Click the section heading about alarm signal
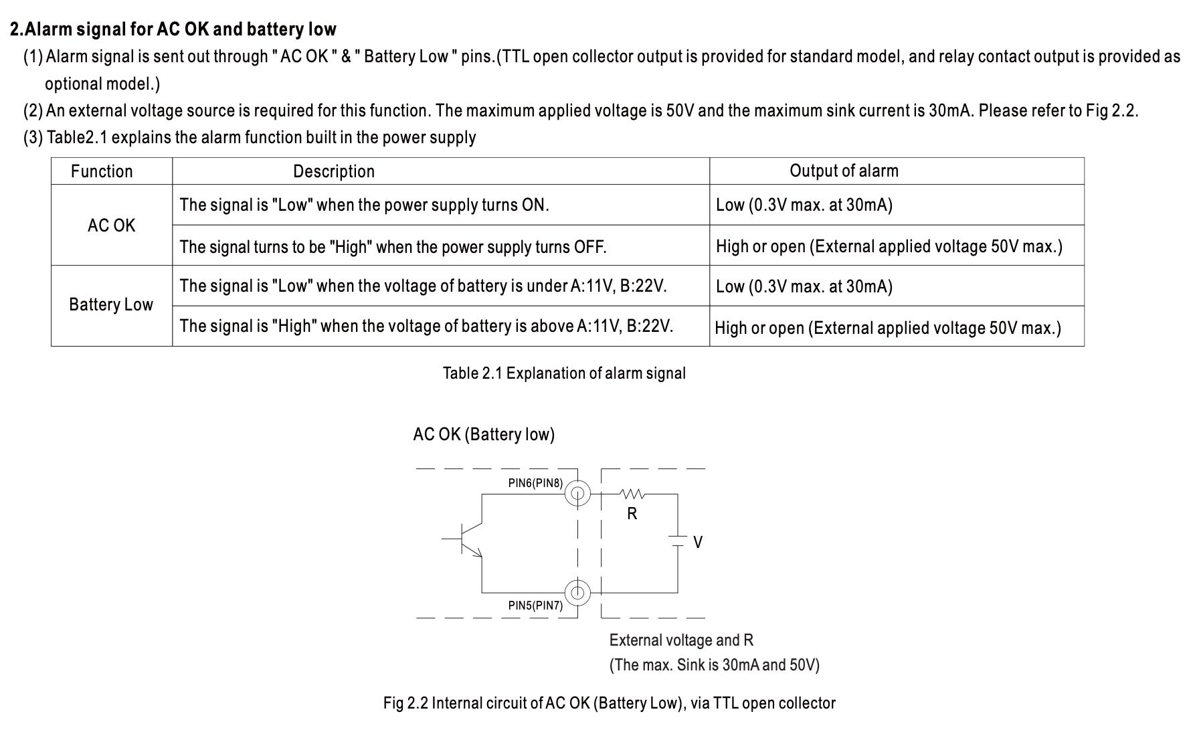pyautogui.click(x=173, y=29)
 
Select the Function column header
pyautogui.click(x=102, y=171)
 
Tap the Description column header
pyautogui.click(x=333, y=171)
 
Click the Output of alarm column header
pyautogui.click(x=844, y=171)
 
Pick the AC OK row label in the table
pyautogui.click(x=111, y=225)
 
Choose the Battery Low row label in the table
pyautogui.click(x=111, y=305)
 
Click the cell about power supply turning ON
pyautogui.click(x=364, y=205)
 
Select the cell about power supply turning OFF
pyautogui.click(x=393, y=247)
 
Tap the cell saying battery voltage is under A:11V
pyautogui.click(x=423, y=286)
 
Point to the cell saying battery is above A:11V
pyautogui.click(x=426, y=327)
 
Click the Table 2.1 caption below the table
pyautogui.click(x=564, y=373)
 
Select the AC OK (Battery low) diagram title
pyautogui.click(x=484, y=435)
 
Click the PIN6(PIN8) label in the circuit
pyautogui.click(x=535, y=483)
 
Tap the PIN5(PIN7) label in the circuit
pyautogui.click(x=535, y=606)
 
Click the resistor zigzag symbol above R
pyautogui.click(x=632, y=494)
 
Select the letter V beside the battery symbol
pyautogui.click(x=698, y=543)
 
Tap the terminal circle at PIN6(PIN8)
pyautogui.click(x=577, y=494)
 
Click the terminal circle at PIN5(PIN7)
pyautogui.click(x=577, y=593)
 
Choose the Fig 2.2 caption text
pyautogui.click(x=609, y=703)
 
